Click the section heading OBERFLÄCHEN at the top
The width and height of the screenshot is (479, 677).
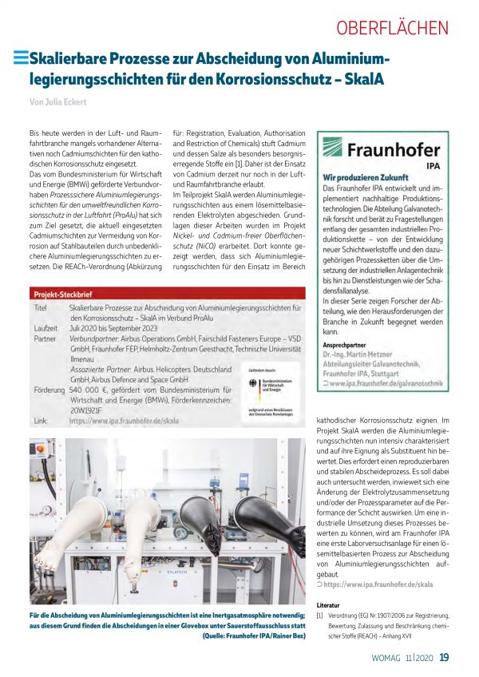tap(392, 28)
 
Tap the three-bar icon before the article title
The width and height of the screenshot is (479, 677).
tap(21, 57)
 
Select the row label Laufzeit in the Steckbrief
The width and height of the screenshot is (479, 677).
tap(46, 327)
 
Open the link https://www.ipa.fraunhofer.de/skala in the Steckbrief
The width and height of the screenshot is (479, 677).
tap(124, 421)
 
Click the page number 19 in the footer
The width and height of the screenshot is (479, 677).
tap(445, 658)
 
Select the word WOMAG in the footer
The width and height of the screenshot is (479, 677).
tap(390, 659)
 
